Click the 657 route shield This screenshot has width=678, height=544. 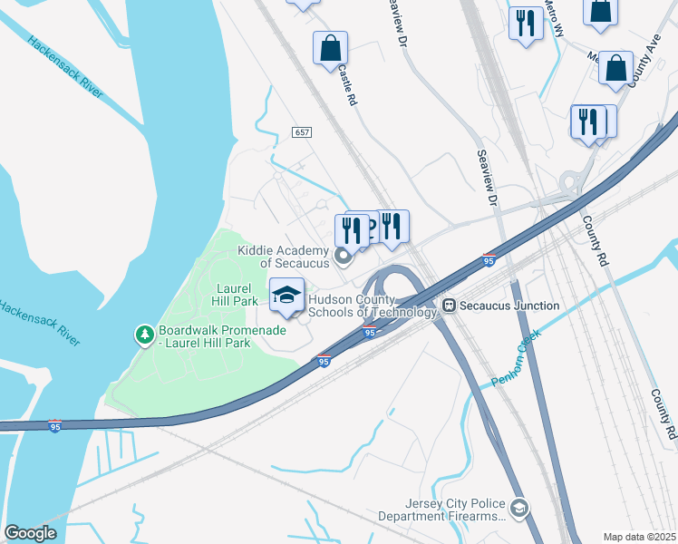click(x=302, y=132)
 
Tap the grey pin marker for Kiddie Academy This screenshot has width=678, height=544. click(x=344, y=257)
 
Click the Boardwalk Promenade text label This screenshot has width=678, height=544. click(x=222, y=336)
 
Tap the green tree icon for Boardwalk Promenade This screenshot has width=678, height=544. click(x=144, y=335)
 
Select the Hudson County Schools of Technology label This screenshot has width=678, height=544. click(x=373, y=306)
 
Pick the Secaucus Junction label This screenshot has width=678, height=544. click(x=509, y=306)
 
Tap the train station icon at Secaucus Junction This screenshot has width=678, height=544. click(x=448, y=306)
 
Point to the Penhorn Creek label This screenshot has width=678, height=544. click(x=517, y=366)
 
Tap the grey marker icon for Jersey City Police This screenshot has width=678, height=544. click(x=518, y=508)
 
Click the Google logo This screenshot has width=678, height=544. click(x=30, y=532)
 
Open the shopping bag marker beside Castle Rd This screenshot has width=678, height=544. click(x=330, y=48)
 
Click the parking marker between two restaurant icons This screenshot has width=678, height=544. click(x=368, y=226)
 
